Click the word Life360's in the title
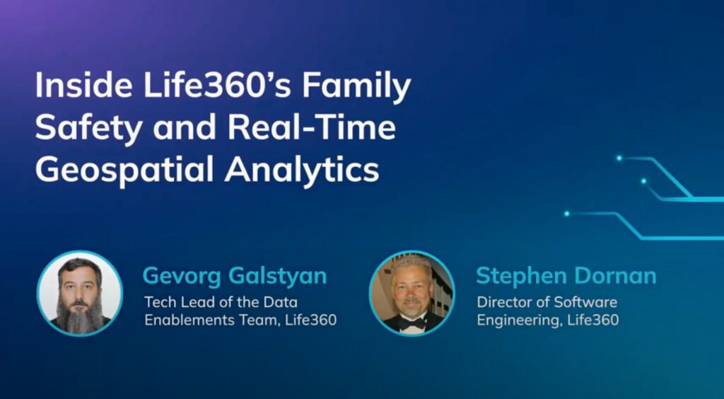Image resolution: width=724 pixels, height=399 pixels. (217, 86)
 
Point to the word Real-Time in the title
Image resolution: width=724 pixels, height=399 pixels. (312, 127)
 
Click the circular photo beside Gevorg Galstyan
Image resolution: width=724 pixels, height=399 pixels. (80, 294)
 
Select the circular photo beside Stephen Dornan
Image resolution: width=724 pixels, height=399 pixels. (412, 294)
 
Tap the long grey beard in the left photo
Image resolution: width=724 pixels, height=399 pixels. (79, 314)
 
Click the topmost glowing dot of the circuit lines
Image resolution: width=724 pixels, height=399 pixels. (619, 158)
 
